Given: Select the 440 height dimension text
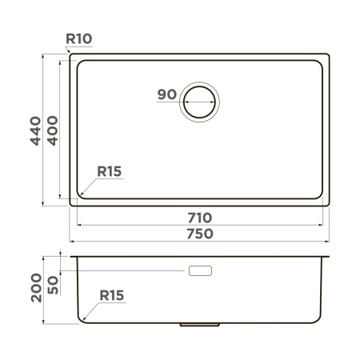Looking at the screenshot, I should pos(34,131).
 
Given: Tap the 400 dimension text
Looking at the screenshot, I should pos(52,131).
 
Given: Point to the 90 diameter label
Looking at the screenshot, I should pos(166,94).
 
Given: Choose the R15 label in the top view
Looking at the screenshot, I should pos(109,171).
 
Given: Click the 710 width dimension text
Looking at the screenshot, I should pos(200,218).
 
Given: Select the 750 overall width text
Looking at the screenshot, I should pos(200,234).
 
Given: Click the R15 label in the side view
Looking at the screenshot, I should pos(112,295).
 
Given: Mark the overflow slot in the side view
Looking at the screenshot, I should pos(200,271).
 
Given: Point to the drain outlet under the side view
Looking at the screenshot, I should pos(200,325).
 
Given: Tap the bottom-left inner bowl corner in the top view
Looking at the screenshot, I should pos(82,196).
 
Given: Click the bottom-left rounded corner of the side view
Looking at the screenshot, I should pos(82,319).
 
